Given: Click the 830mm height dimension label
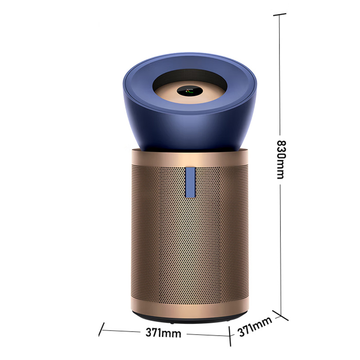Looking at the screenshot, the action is coord(280,160).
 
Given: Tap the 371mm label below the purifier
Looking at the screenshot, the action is coord(163,333).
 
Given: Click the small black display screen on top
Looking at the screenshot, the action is coord(189,91).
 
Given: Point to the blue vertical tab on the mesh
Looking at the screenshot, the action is coord(190,182).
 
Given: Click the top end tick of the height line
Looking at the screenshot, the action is coord(279,15).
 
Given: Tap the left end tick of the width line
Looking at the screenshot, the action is coord(102,329).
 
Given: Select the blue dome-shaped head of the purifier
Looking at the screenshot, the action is coord(189,101).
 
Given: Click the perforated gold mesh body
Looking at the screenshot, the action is coord(190,232).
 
